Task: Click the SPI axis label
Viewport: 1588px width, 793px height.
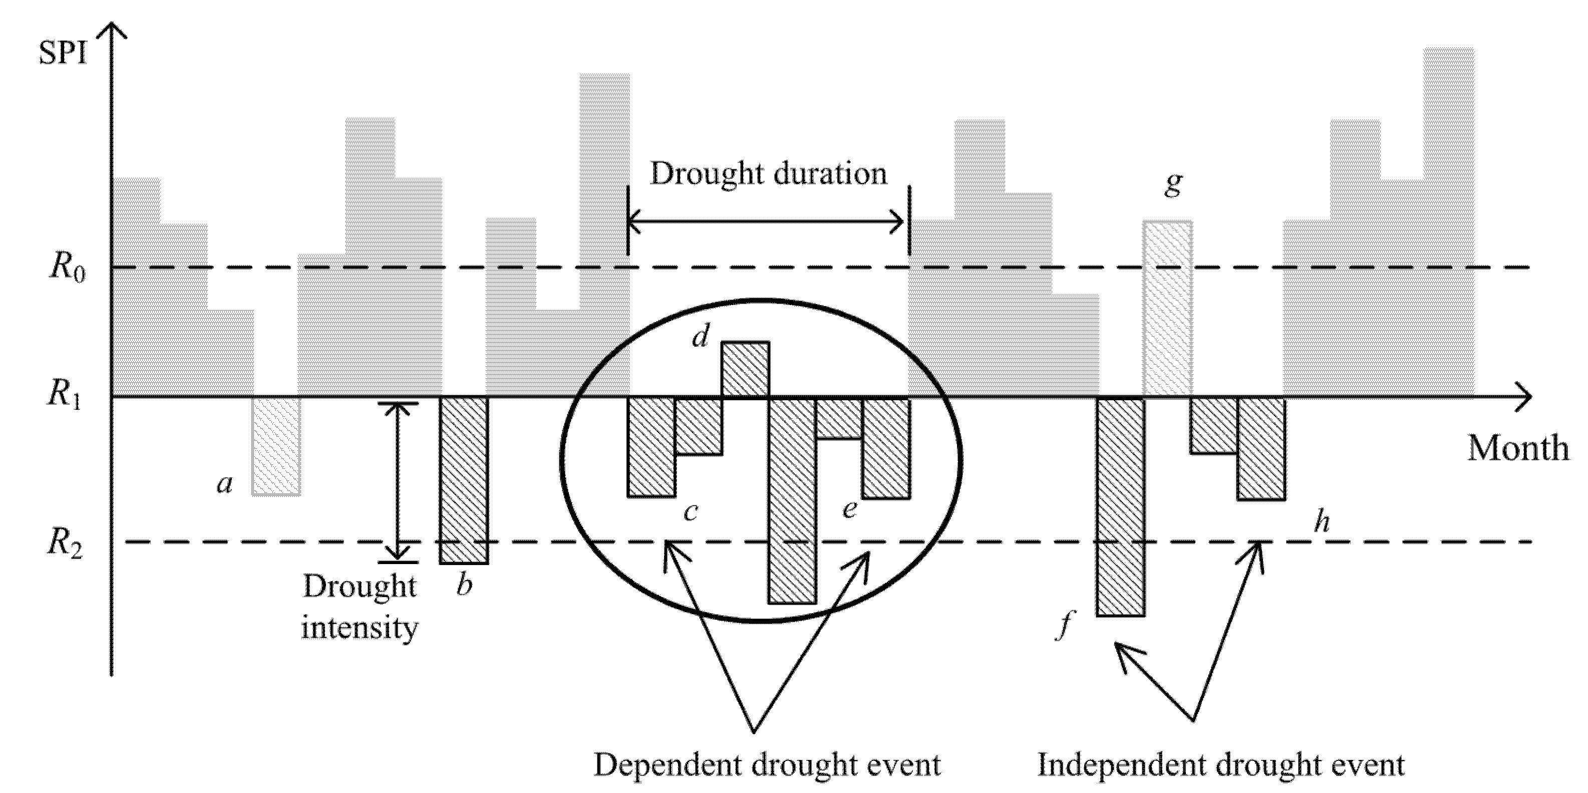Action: (x=63, y=54)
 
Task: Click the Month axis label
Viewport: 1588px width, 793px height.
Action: (x=1518, y=449)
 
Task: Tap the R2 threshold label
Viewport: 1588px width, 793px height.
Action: (x=65, y=544)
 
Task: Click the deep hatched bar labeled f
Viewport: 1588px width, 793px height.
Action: (x=1120, y=505)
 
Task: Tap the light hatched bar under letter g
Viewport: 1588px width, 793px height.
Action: (x=1167, y=308)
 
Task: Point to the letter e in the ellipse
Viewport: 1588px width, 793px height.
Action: (x=849, y=509)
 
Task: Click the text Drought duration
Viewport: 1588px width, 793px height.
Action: (x=768, y=174)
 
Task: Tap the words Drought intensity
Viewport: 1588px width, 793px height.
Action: (x=360, y=607)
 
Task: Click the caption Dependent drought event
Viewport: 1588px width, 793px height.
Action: (x=767, y=765)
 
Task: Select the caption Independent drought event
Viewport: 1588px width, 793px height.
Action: (x=1220, y=765)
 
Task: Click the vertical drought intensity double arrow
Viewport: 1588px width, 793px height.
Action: (x=398, y=481)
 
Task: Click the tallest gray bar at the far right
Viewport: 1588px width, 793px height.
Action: (x=1449, y=222)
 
